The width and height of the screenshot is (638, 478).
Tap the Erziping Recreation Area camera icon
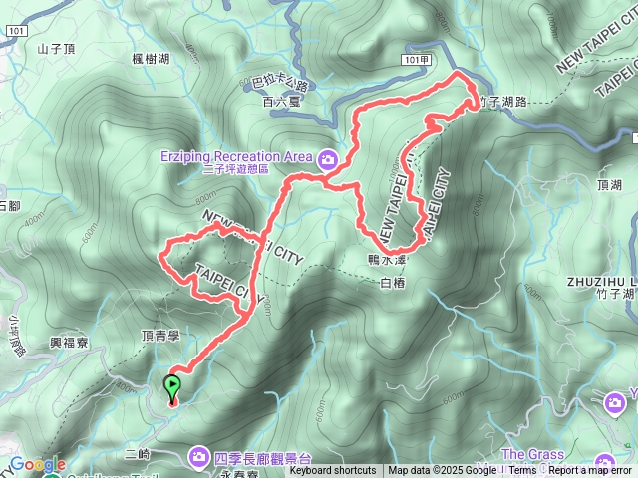click(328, 157)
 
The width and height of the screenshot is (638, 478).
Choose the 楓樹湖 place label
click(150, 60)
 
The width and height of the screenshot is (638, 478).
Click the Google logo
click(37, 464)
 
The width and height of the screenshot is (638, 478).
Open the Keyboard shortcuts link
click(333, 471)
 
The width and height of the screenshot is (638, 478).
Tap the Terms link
click(523, 471)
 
